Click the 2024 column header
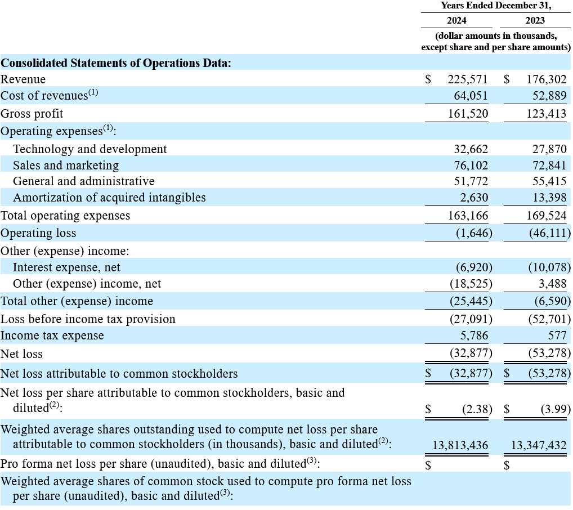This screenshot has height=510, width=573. click(x=456, y=20)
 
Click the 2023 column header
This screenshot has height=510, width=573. click(x=535, y=20)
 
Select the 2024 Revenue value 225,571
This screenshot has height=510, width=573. click(x=468, y=79)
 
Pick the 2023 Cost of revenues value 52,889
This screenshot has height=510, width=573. click(x=549, y=96)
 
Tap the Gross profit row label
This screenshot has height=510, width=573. click(x=32, y=114)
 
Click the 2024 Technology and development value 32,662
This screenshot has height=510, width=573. click(x=471, y=149)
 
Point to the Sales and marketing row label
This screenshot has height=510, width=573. click(x=66, y=165)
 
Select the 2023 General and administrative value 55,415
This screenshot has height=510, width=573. click(x=549, y=181)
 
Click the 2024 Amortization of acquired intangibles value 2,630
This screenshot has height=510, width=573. click(x=474, y=198)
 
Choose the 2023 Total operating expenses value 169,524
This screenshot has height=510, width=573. click(x=547, y=216)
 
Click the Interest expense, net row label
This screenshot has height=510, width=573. click(x=66, y=267)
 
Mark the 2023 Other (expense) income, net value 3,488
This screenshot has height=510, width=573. click(x=552, y=284)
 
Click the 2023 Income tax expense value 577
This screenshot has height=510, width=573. click(x=557, y=335)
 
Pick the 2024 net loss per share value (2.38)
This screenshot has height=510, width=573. click(x=477, y=409)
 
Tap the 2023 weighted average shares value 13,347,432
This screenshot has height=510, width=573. click(x=539, y=445)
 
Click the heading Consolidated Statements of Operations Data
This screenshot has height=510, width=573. click(x=116, y=63)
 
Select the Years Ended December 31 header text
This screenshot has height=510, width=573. click(x=496, y=6)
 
